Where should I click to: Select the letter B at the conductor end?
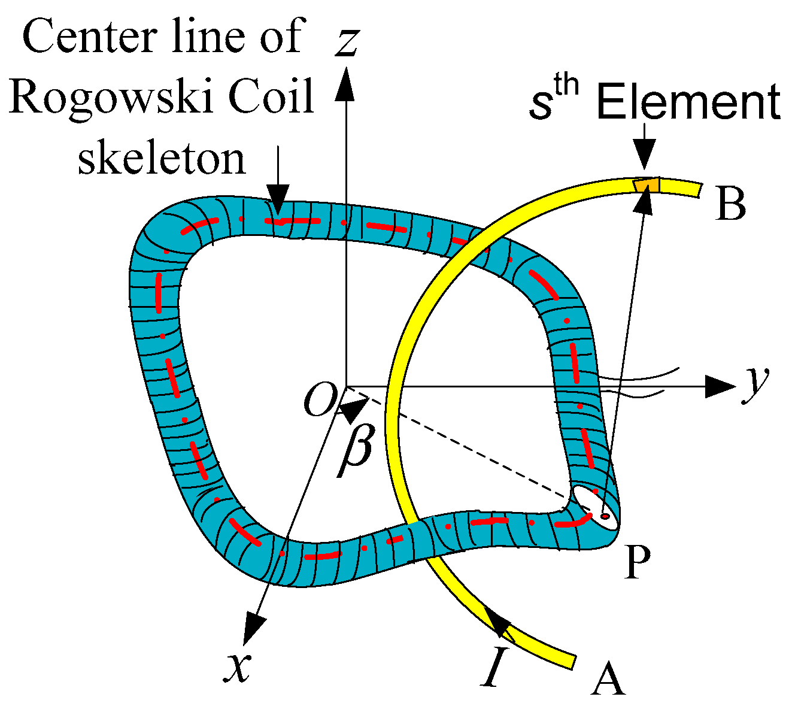(x=730, y=204)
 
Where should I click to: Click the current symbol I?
(x=492, y=665)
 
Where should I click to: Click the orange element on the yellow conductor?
(x=647, y=185)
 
